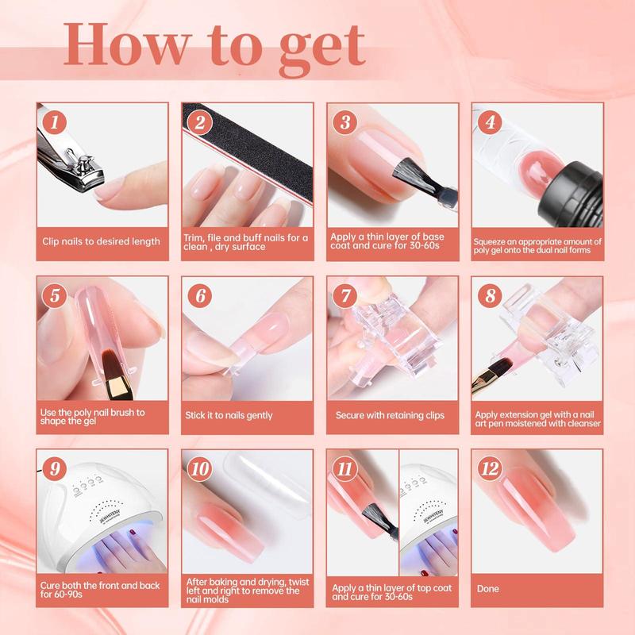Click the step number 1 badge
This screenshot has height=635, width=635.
[54, 123]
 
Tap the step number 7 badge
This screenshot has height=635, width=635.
[345, 295]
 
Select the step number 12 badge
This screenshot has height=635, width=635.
[490, 469]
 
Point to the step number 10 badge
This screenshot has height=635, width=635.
[200, 469]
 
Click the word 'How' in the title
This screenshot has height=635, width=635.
[128, 44]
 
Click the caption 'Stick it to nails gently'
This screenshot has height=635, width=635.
[229, 415]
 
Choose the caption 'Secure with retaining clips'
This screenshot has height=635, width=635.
[390, 415]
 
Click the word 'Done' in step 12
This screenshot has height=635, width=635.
[487, 588]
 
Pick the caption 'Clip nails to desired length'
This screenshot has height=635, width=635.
[102, 241]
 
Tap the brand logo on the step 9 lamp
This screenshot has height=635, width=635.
[110, 515]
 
